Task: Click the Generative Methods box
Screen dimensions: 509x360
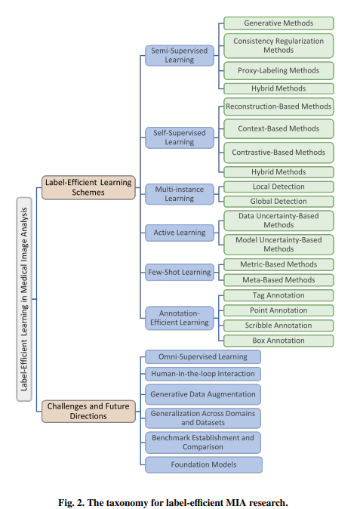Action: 278,23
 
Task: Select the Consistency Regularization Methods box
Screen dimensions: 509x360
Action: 278,45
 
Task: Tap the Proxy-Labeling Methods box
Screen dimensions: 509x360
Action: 278,70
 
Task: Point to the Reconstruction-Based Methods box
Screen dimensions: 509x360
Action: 278,107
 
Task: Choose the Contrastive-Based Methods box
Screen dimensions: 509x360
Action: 278,152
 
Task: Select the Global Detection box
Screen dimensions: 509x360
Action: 278,201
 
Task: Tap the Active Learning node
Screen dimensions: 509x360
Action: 180,233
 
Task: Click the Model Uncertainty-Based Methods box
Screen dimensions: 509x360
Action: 278,244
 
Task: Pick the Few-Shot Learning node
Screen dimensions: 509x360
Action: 180,272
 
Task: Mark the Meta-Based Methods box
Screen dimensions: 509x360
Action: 278,279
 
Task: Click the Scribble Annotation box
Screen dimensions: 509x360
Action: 278,325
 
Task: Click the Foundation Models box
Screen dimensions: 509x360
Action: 203,464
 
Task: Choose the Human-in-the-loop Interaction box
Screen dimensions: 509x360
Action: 203,374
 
